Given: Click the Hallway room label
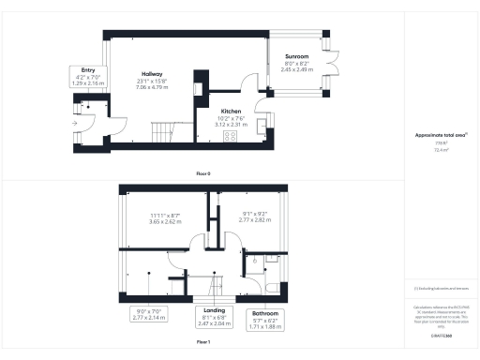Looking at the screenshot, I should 152,73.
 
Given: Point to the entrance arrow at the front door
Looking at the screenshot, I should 73,122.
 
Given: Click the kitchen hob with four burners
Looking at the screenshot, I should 230,135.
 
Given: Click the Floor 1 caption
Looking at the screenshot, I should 202,343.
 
